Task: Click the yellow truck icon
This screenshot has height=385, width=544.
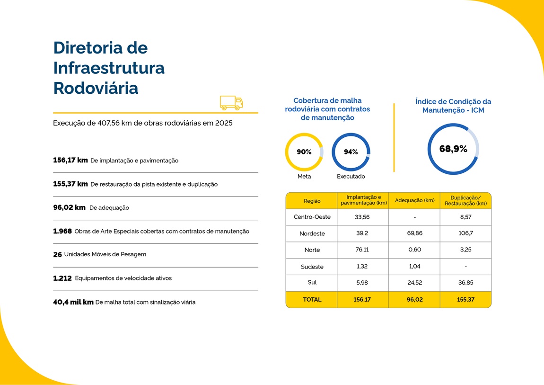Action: (x=231, y=103)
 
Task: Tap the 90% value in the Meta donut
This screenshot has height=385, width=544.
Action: (x=304, y=152)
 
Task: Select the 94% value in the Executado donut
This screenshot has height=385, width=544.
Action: (x=351, y=152)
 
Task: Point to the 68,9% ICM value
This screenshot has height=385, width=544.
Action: (x=453, y=149)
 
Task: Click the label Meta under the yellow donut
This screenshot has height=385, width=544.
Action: (x=304, y=177)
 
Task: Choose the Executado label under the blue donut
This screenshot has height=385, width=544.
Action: (x=351, y=177)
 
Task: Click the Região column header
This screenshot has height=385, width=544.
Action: (x=312, y=201)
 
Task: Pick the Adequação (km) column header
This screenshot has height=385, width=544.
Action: (x=414, y=200)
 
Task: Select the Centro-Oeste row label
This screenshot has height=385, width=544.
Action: (x=312, y=217)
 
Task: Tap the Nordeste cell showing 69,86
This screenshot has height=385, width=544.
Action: (x=414, y=233)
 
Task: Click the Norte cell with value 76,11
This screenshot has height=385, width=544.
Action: (x=362, y=250)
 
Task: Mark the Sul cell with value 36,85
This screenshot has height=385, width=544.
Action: (x=466, y=283)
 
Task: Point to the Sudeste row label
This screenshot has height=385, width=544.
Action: (x=312, y=267)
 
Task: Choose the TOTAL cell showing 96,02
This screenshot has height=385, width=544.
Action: (x=414, y=300)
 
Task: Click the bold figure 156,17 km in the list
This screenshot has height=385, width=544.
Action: (x=70, y=161)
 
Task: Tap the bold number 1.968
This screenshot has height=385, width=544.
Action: (x=62, y=232)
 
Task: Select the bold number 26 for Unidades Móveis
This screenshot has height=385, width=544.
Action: (x=58, y=255)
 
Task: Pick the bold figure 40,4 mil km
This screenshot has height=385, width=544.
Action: (x=73, y=302)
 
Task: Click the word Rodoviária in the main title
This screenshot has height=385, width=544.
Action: (x=96, y=89)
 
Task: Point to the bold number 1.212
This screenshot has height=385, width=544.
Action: (x=62, y=278)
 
